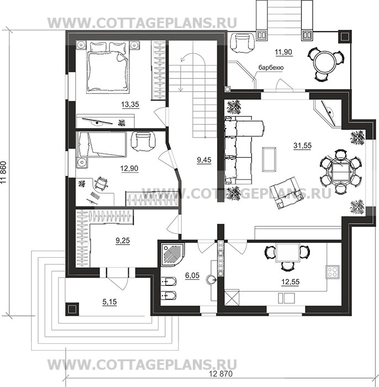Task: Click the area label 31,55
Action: pos(302,146)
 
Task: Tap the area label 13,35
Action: pos(130,104)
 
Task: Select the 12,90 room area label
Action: pos(129,168)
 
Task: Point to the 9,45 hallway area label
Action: pos(204,160)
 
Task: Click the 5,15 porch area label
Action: pos(110,301)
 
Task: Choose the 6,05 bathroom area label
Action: pos(192,275)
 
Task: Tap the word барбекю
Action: pos(271,67)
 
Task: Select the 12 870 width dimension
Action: pos(220,374)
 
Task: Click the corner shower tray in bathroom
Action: pos(172,255)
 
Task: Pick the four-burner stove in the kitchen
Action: pos(333,272)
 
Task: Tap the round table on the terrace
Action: pos(324,62)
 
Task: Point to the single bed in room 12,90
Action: pos(101,145)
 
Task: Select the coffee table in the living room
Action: pos(269,159)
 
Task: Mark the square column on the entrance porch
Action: pos(72,309)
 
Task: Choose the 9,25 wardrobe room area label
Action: pos(123,240)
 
